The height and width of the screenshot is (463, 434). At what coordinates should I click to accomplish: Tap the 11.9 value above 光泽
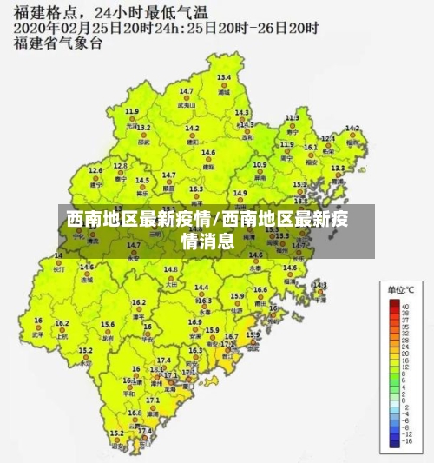(x=132, y=111)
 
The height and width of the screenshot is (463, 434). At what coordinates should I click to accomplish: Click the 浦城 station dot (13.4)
(x=224, y=84)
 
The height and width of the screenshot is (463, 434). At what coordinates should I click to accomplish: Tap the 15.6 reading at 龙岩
(x=108, y=324)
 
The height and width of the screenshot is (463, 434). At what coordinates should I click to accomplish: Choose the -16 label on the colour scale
(x=405, y=441)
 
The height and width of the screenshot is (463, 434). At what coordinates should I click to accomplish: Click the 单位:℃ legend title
(x=399, y=289)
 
